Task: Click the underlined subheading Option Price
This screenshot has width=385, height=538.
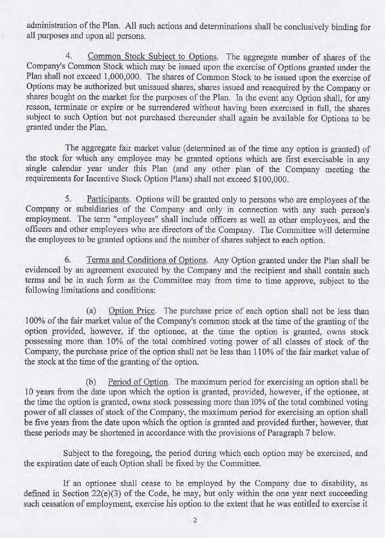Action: pyautogui.click(x=132, y=311)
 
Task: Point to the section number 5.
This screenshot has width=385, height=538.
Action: pyautogui.click(x=68, y=199)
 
